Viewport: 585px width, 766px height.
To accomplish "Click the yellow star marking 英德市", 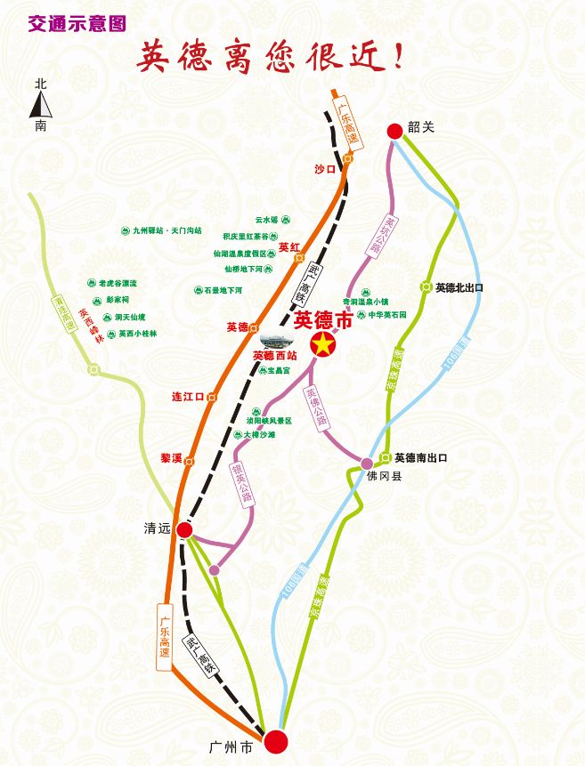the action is pos(323,344).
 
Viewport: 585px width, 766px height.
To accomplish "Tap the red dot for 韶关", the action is pos(395,131).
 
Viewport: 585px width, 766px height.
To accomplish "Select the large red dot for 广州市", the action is pos(276,741).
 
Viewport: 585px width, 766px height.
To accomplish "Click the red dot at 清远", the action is pos(184,530).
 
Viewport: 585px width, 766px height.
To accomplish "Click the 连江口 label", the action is pos(188,396).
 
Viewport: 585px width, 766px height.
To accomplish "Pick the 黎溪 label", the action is pos(171,458).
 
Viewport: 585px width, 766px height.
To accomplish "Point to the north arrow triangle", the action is pos(41,107).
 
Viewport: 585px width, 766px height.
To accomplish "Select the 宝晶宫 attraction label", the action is pos(268,371).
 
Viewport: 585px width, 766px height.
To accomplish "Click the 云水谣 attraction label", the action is pos(266,219).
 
